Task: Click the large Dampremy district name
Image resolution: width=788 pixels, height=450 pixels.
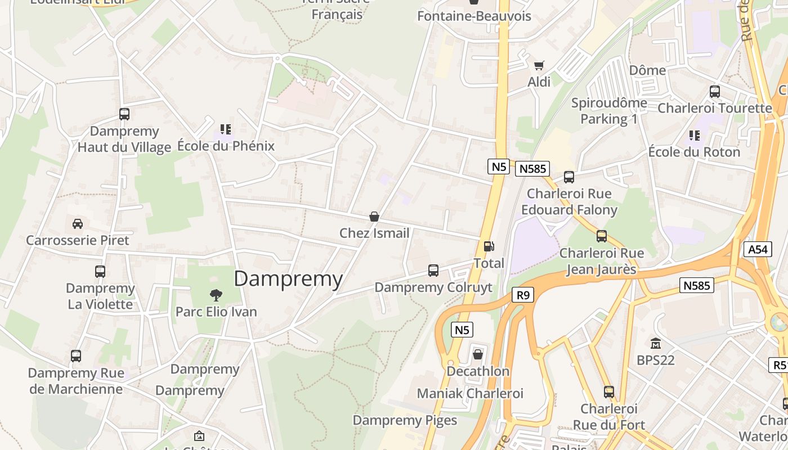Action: tap(288, 279)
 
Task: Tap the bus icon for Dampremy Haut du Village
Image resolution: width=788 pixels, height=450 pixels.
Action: tap(124, 114)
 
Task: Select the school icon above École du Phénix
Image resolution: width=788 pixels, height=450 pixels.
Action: tap(226, 130)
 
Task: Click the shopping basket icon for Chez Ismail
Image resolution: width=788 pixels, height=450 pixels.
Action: tap(374, 217)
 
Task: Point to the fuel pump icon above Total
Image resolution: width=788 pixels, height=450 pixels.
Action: tap(489, 246)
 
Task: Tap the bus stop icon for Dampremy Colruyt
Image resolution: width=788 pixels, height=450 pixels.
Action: tap(433, 271)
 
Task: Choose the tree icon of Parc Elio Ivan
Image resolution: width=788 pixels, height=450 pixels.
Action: tap(216, 295)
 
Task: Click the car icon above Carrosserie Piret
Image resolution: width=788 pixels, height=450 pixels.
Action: tap(78, 223)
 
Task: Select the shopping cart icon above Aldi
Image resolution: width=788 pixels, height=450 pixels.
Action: tap(539, 65)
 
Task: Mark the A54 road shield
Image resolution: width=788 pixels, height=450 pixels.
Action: tap(757, 249)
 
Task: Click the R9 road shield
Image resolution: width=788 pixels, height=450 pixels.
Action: tap(523, 295)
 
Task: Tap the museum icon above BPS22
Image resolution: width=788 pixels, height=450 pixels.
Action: tap(656, 343)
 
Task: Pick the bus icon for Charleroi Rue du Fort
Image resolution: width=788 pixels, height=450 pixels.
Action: tap(609, 392)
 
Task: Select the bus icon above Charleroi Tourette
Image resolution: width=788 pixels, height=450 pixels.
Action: tap(715, 91)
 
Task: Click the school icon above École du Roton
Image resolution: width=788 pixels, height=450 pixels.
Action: tap(695, 136)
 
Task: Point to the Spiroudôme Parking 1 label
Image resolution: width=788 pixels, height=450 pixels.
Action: tap(609, 111)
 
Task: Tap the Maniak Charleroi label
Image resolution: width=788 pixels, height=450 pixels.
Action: tap(470, 393)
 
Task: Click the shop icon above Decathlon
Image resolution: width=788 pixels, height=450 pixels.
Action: tap(478, 354)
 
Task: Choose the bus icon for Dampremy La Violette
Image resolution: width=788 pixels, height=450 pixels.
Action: tap(100, 272)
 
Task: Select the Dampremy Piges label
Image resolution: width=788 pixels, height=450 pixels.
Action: tap(405, 420)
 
